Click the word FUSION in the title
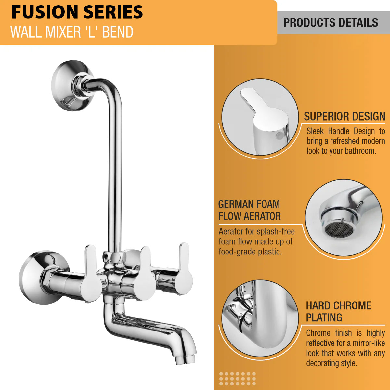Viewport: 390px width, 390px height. click(x=45, y=12)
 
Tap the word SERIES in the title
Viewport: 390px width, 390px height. click(x=113, y=12)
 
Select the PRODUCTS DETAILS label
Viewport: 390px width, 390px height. click(x=331, y=23)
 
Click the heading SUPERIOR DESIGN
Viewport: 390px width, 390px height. click(x=344, y=116)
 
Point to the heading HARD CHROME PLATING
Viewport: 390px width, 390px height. click(x=339, y=311)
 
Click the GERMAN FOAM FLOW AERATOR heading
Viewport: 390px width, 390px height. click(x=249, y=210)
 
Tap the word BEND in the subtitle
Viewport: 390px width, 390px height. click(x=118, y=32)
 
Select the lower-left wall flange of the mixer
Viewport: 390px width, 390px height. click(x=41, y=278)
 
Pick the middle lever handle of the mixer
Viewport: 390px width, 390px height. click(x=145, y=274)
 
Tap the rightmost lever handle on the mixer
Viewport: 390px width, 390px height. click(x=184, y=269)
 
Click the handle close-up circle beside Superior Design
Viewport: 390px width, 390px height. click(x=260, y=117)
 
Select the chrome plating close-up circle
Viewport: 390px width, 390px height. click(x=260, y=318)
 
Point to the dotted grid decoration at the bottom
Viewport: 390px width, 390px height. click(x=237, y=378)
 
